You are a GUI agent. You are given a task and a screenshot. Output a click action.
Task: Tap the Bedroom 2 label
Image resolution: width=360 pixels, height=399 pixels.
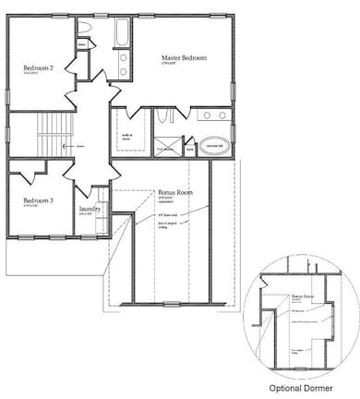point(39,67)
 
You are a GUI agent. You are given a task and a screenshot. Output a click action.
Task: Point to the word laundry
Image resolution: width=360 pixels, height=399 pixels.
point(90,210)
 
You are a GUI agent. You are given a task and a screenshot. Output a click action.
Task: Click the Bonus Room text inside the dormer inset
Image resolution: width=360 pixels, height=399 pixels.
point(303,298)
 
